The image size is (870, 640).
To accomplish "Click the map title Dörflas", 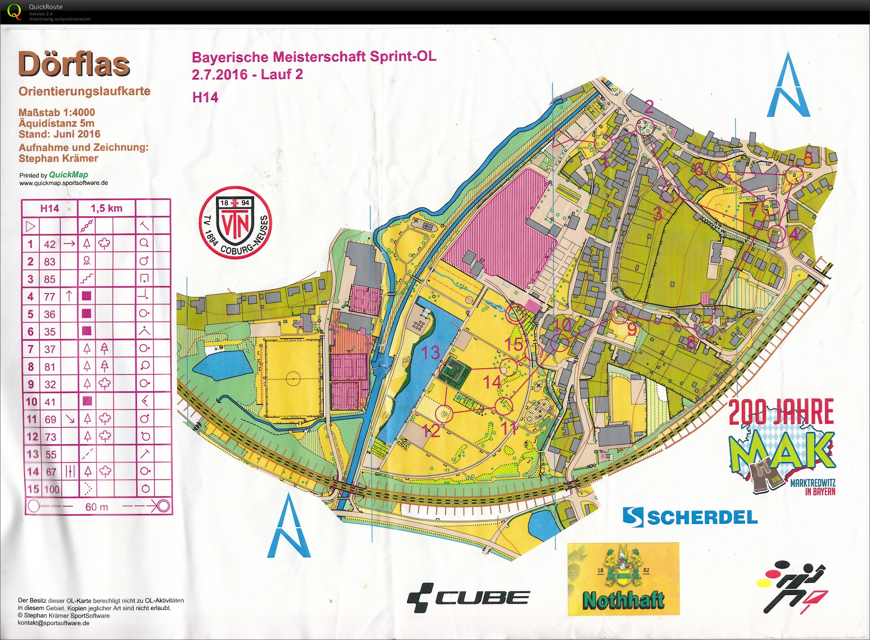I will (x=74, y=65).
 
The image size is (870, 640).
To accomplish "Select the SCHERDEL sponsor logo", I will (x=690, y=517).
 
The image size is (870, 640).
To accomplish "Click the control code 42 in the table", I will (x=49, y=244).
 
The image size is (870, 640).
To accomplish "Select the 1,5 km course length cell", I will (x=107, y=209).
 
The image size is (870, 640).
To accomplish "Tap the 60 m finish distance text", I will (x=97, y=507).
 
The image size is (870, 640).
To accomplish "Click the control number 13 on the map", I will (x=431, y=353).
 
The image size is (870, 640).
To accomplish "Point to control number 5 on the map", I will (x=808, y=159).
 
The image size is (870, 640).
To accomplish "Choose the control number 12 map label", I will (x=431, y=430).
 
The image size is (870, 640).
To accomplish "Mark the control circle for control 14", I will (x=509, y=367).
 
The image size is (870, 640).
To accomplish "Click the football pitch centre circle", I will (x=293, y=378).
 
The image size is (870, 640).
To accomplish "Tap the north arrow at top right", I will (x=789, y=90).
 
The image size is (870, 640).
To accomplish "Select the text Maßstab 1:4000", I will (x=57, y=113).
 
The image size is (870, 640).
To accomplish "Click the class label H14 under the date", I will (x=205, y=97).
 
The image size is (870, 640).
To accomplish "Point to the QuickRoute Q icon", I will (x=15, y=11).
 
